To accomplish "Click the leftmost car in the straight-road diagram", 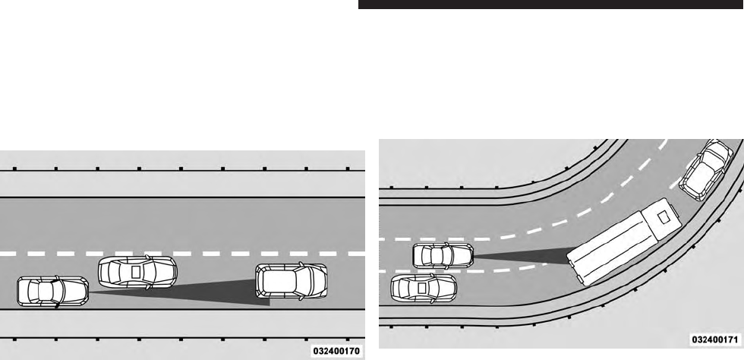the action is click(52, 292).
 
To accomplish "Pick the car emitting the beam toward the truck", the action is click(444, 256).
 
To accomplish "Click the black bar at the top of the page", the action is click(550, 5).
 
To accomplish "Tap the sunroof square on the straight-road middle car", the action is click(135, 270).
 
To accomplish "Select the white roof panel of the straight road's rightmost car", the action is click(289, 283).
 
